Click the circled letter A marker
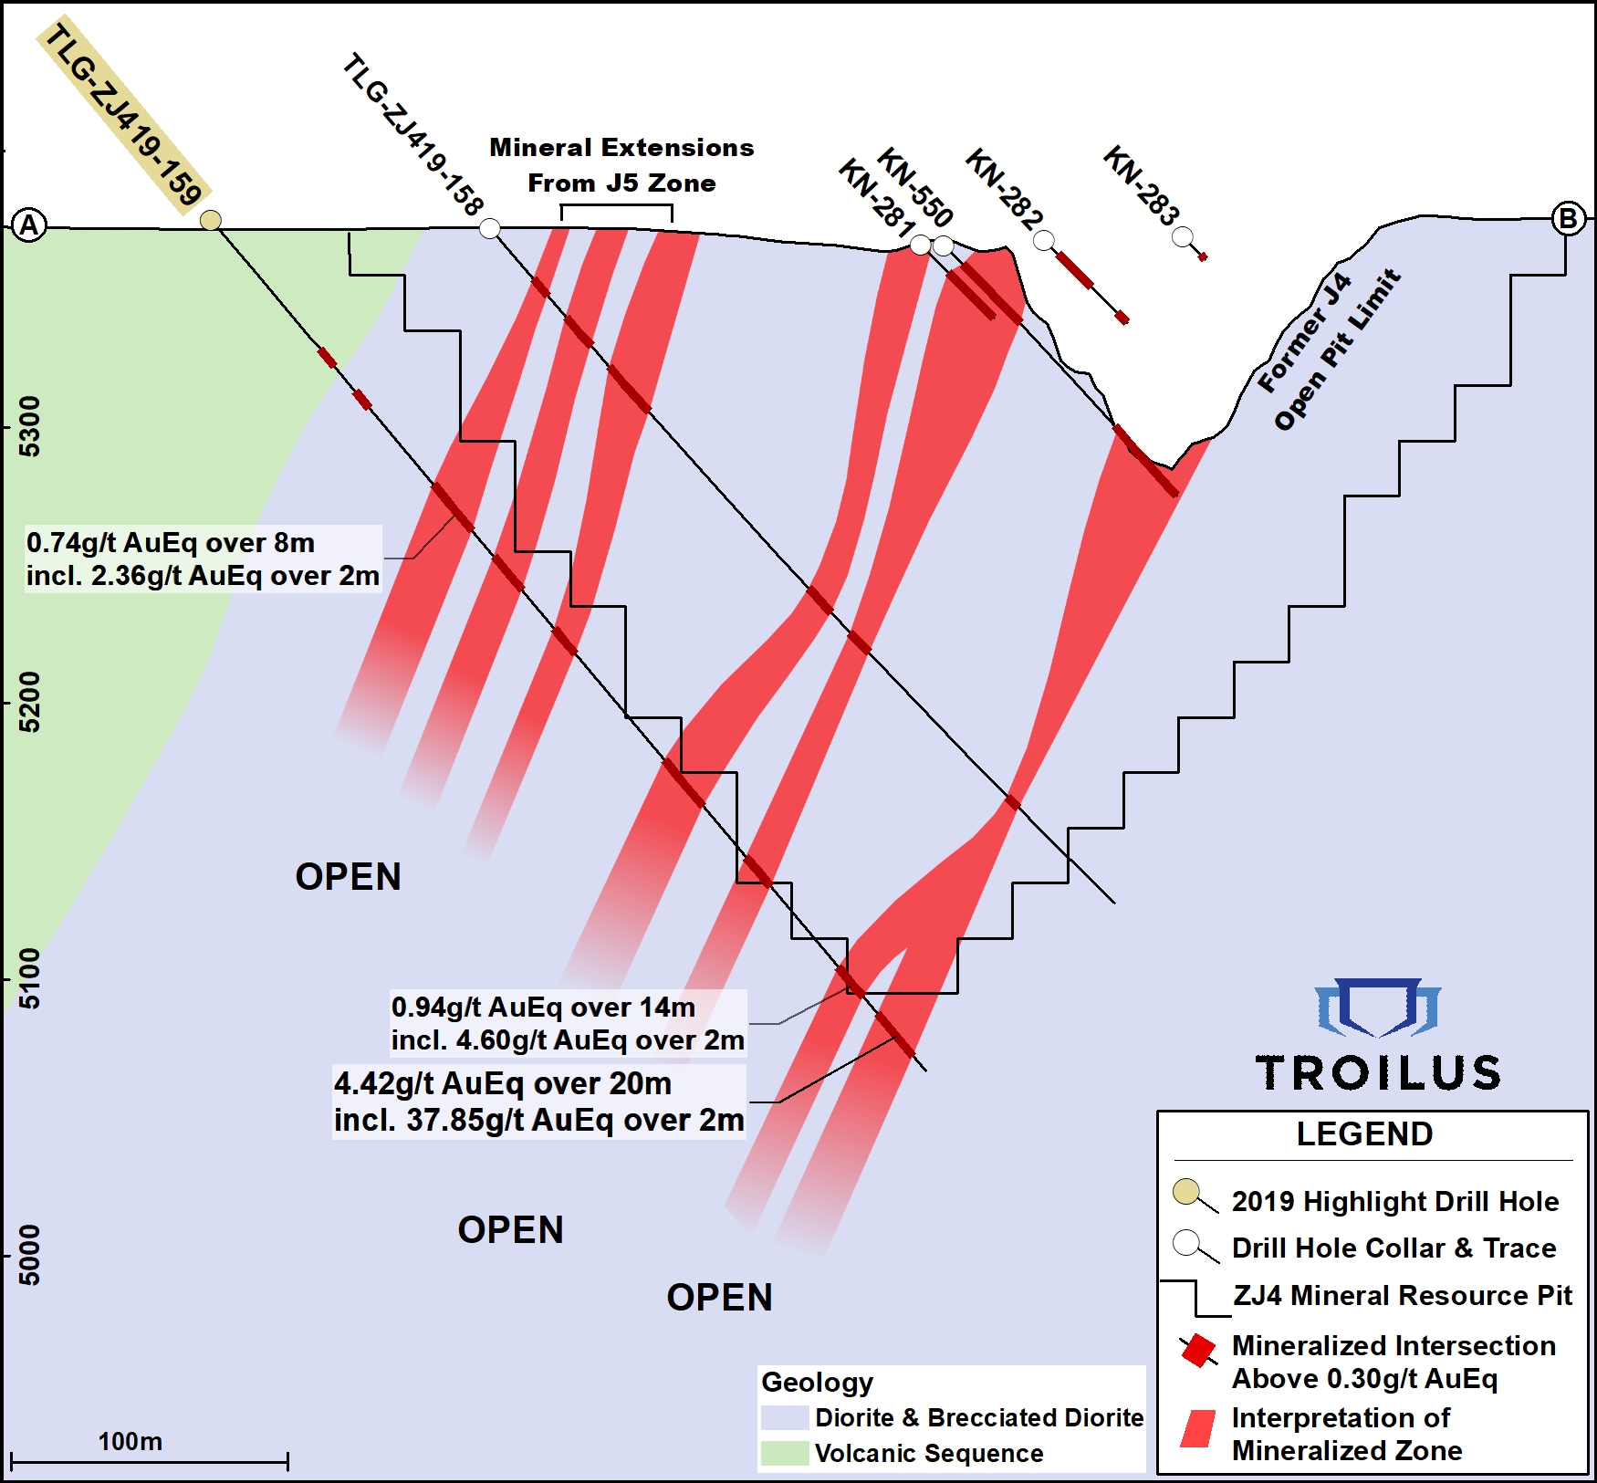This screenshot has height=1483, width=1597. pos(29,225)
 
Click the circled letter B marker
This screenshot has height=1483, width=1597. pos(1568,219)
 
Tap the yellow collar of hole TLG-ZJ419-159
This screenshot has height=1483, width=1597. pos(211,220)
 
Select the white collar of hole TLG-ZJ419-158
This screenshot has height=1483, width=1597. pos(490,228)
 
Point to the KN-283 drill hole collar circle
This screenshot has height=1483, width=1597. pos(1183,238)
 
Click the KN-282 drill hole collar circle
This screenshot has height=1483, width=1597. pos(1044,240)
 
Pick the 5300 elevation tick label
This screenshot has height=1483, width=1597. pos(30,426)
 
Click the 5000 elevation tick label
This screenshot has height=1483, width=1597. pos(30,1256)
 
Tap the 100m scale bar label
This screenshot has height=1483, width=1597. pos(130,1441)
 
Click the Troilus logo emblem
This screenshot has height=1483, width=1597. pos(1377,1008)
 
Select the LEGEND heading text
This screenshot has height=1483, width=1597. pos(1364,1134)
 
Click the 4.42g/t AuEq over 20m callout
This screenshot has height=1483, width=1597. pos(538,1102)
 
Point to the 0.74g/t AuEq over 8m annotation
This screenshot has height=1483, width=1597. pos(203,559)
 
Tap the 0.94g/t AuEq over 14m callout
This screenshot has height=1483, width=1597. pos(568,1023)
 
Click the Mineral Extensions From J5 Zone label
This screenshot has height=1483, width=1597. pos(621,165)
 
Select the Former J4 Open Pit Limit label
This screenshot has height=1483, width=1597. pos(1327,349)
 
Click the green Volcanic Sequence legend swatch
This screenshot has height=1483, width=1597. pos(785,1453)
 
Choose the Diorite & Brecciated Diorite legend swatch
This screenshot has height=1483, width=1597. pos(785,1417)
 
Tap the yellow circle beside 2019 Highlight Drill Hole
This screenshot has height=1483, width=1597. pos(1186,1191)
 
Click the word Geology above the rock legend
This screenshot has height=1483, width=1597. pos(817,1382)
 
